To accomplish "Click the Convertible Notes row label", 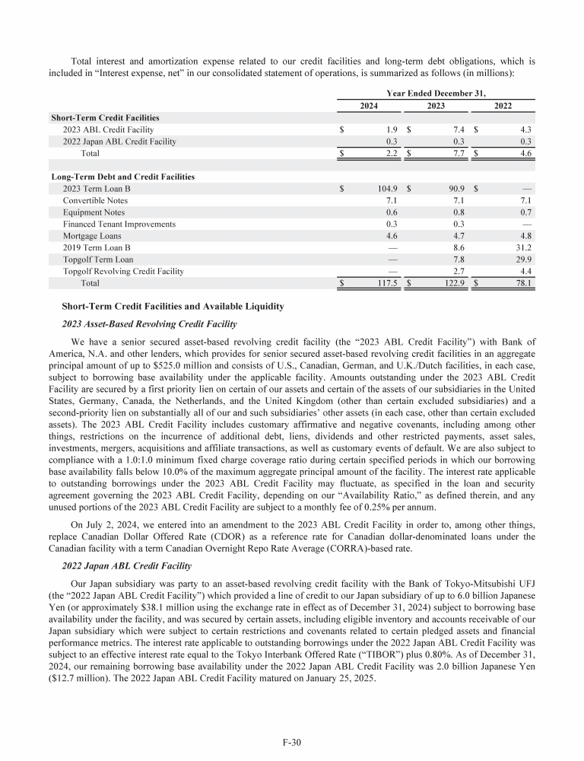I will pyautogui.click(x=95, y=200).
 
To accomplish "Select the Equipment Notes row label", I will pyautogui.click(x=94, y=212).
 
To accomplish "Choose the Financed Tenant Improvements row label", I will pyautogui.click(x=119, y=224).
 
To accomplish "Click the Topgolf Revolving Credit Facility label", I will pyautogui.click(x=123, y=271).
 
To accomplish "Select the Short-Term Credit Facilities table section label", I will pyautogui.click(x=105, y=118).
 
